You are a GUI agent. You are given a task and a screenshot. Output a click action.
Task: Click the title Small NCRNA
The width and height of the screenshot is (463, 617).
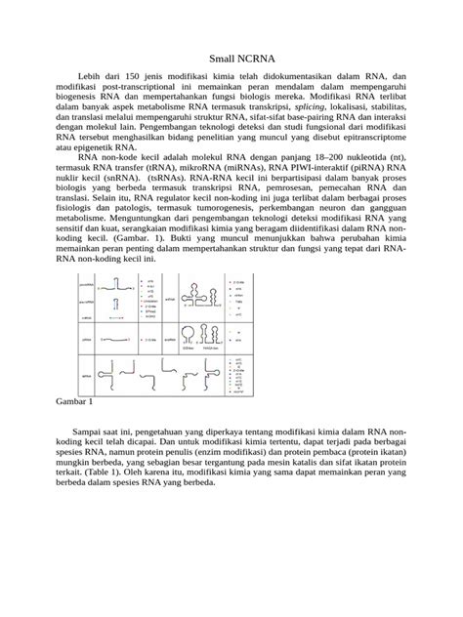(x=231, y=59)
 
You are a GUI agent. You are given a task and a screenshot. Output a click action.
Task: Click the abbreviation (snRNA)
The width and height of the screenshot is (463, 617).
(x=134, y=176)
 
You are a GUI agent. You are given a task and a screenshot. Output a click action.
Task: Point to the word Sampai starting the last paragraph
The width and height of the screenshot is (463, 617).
(x=106, y=430)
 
